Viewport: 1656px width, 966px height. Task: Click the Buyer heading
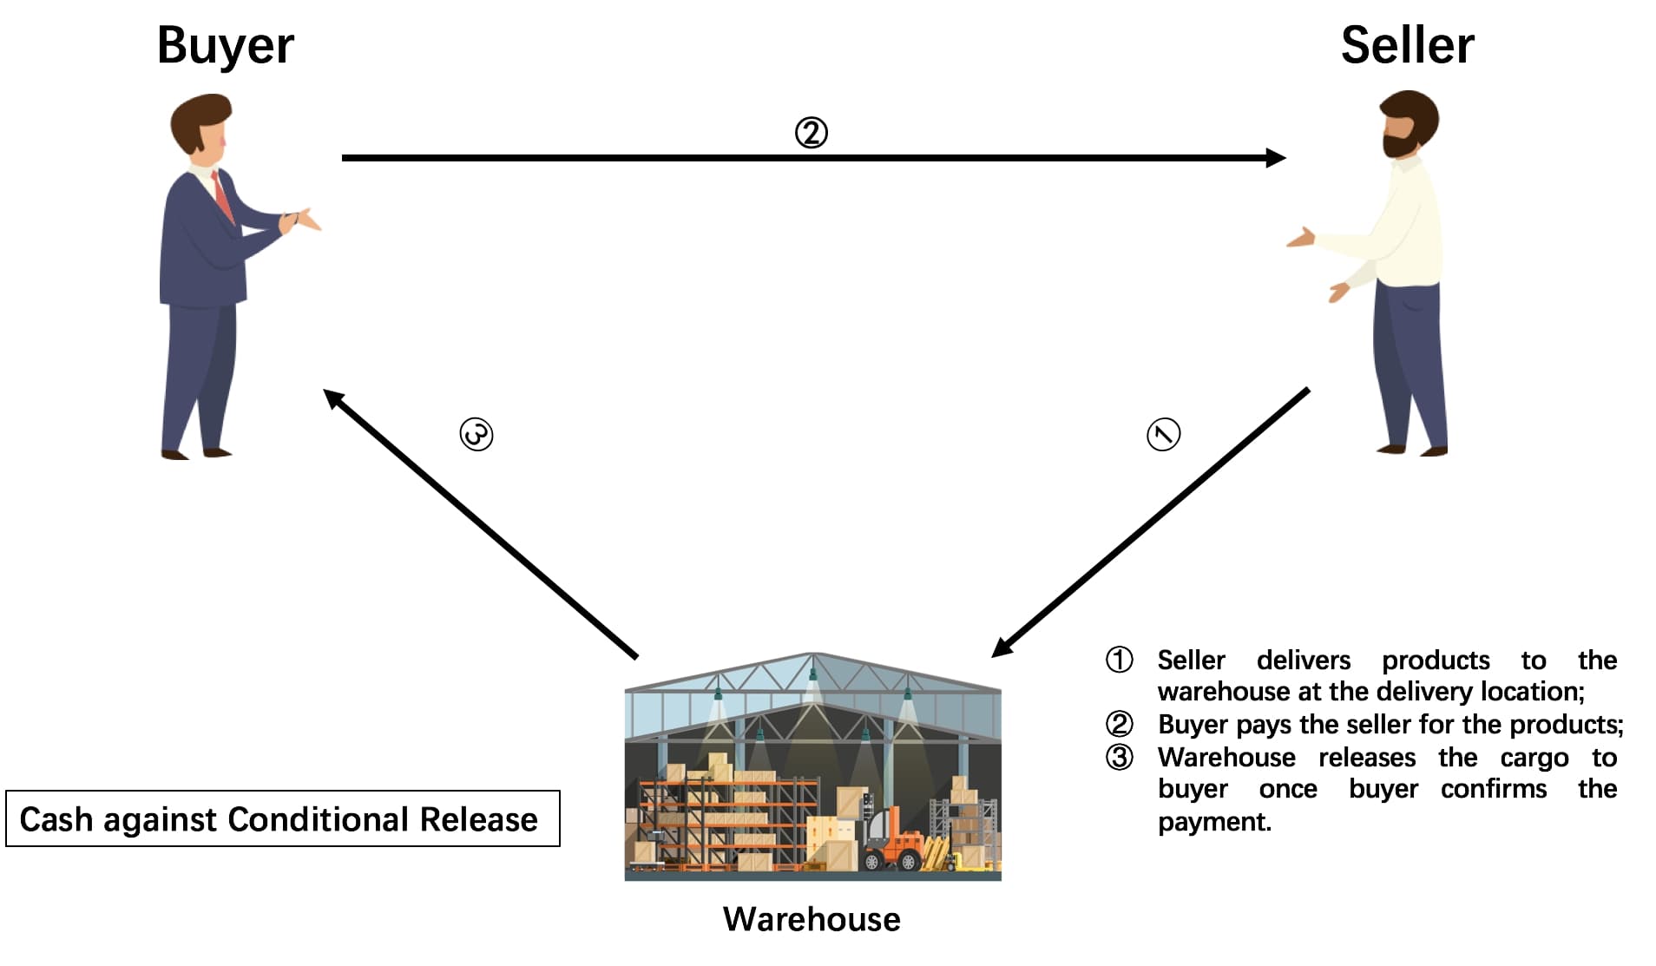pos(225,46)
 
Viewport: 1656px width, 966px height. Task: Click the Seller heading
pos(1407,45)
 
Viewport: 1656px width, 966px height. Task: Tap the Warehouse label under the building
pos(812,919)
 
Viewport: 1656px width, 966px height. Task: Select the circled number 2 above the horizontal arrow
pos(812,133)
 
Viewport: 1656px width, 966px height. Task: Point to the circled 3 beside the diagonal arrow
pos(476,434)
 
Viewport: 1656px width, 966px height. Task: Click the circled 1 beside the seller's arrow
pos(1164,434)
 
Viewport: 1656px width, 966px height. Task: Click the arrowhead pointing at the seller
pos(1276,158)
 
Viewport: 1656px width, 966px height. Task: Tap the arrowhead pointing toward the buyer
pos(332,398)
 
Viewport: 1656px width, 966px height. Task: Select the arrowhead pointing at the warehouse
pos(1001,647)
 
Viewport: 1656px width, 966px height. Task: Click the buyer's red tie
pos(223,195)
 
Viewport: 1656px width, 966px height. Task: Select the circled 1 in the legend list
pos(1119,660)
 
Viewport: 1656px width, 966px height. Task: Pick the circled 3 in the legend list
pos(1119,757)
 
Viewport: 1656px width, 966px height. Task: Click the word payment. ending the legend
pos(1214,821)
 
